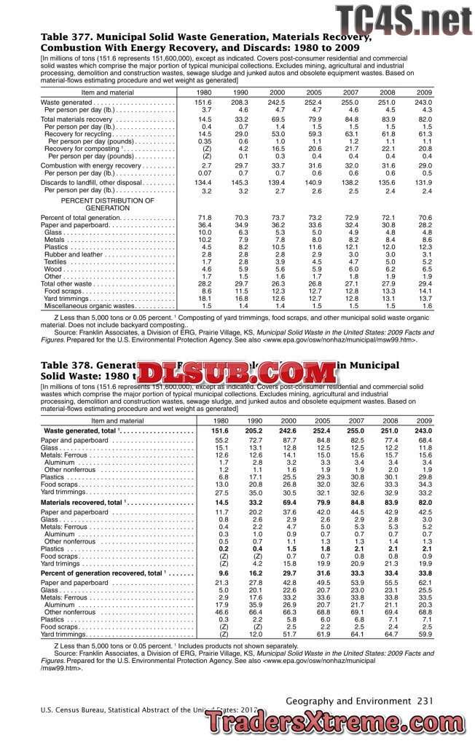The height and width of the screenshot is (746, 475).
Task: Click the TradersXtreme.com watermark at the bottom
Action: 338,724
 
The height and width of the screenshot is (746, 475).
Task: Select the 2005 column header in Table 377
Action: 314,93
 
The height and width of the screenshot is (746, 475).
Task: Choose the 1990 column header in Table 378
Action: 255,420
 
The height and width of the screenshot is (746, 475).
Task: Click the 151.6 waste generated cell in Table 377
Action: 203,103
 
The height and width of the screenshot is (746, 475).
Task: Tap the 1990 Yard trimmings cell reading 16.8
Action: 241,298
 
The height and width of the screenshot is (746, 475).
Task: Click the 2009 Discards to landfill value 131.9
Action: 423,182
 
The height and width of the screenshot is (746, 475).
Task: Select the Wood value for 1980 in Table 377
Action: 205,269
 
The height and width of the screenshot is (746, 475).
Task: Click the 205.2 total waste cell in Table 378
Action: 255,431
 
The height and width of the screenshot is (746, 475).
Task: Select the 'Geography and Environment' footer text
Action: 350,700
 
